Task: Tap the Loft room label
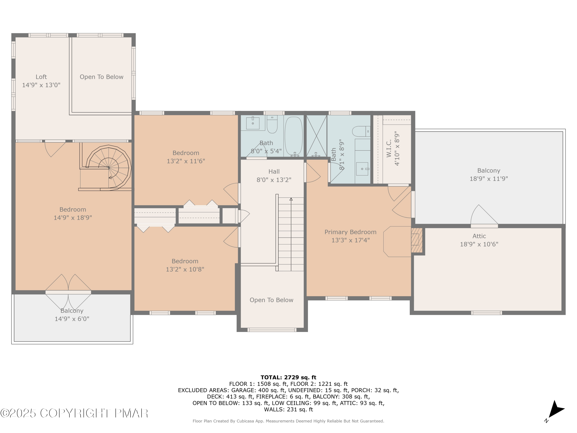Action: coord(41,77)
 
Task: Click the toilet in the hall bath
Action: coord(272,125)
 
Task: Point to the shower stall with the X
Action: coord(316,136)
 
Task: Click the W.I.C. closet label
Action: coord(389,148)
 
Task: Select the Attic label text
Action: coord(479,236)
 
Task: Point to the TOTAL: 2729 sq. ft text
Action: coord(288,377)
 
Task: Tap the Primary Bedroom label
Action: coord(350,232)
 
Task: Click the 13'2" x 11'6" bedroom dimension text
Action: coord(186,161)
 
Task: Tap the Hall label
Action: coord(274,171)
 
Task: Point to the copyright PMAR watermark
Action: coord(74,413)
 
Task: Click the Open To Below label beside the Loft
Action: coord(102,77)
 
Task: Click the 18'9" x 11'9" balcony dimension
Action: coord(489,179)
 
